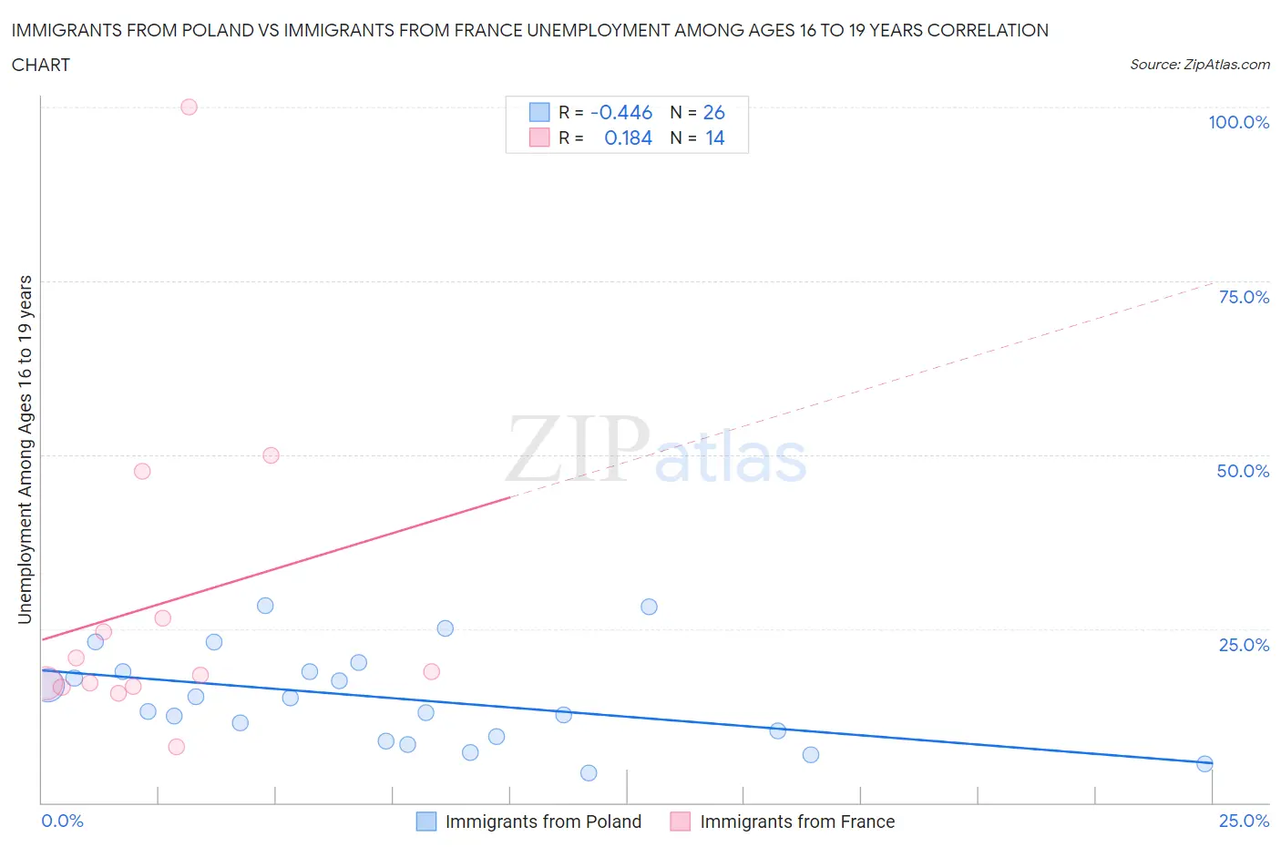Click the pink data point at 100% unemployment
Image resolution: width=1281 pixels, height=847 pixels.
189,107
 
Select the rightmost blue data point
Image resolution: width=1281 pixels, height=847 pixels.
1204,764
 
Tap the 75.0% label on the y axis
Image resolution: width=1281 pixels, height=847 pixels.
1244,297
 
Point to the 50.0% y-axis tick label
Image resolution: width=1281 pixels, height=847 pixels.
1243,471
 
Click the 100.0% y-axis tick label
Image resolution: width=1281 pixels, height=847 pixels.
1238,122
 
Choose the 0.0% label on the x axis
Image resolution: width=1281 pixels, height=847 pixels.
62,821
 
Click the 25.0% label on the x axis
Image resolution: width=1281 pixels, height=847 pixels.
1244,821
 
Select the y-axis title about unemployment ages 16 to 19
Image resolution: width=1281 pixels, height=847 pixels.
25,449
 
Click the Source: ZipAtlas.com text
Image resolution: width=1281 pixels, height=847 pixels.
1199,64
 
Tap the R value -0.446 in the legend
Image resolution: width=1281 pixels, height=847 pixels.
621,112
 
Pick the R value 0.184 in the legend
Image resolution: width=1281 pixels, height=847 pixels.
628,138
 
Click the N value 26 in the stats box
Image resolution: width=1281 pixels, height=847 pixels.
713,112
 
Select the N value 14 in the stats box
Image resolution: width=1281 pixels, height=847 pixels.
714,138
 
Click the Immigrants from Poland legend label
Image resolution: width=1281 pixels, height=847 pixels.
543,821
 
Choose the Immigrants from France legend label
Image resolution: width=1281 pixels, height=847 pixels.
797,821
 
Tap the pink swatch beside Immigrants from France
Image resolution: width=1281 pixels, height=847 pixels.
680,821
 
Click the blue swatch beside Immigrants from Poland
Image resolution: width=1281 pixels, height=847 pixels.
425,821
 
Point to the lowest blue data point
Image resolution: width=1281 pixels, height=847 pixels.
589,773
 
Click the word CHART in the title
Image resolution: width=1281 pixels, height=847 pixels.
41,65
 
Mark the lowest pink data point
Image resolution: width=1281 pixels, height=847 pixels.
177,747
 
